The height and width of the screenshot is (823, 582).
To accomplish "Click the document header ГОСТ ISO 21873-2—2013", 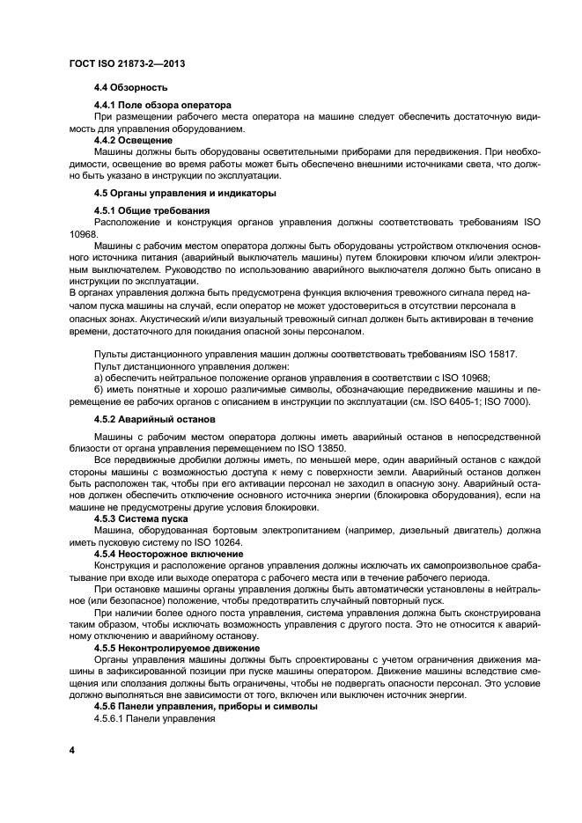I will coord(127,66).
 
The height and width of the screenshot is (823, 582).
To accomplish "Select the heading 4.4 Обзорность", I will coord(130,88).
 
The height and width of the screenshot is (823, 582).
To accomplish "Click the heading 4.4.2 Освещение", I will coord(133,140).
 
